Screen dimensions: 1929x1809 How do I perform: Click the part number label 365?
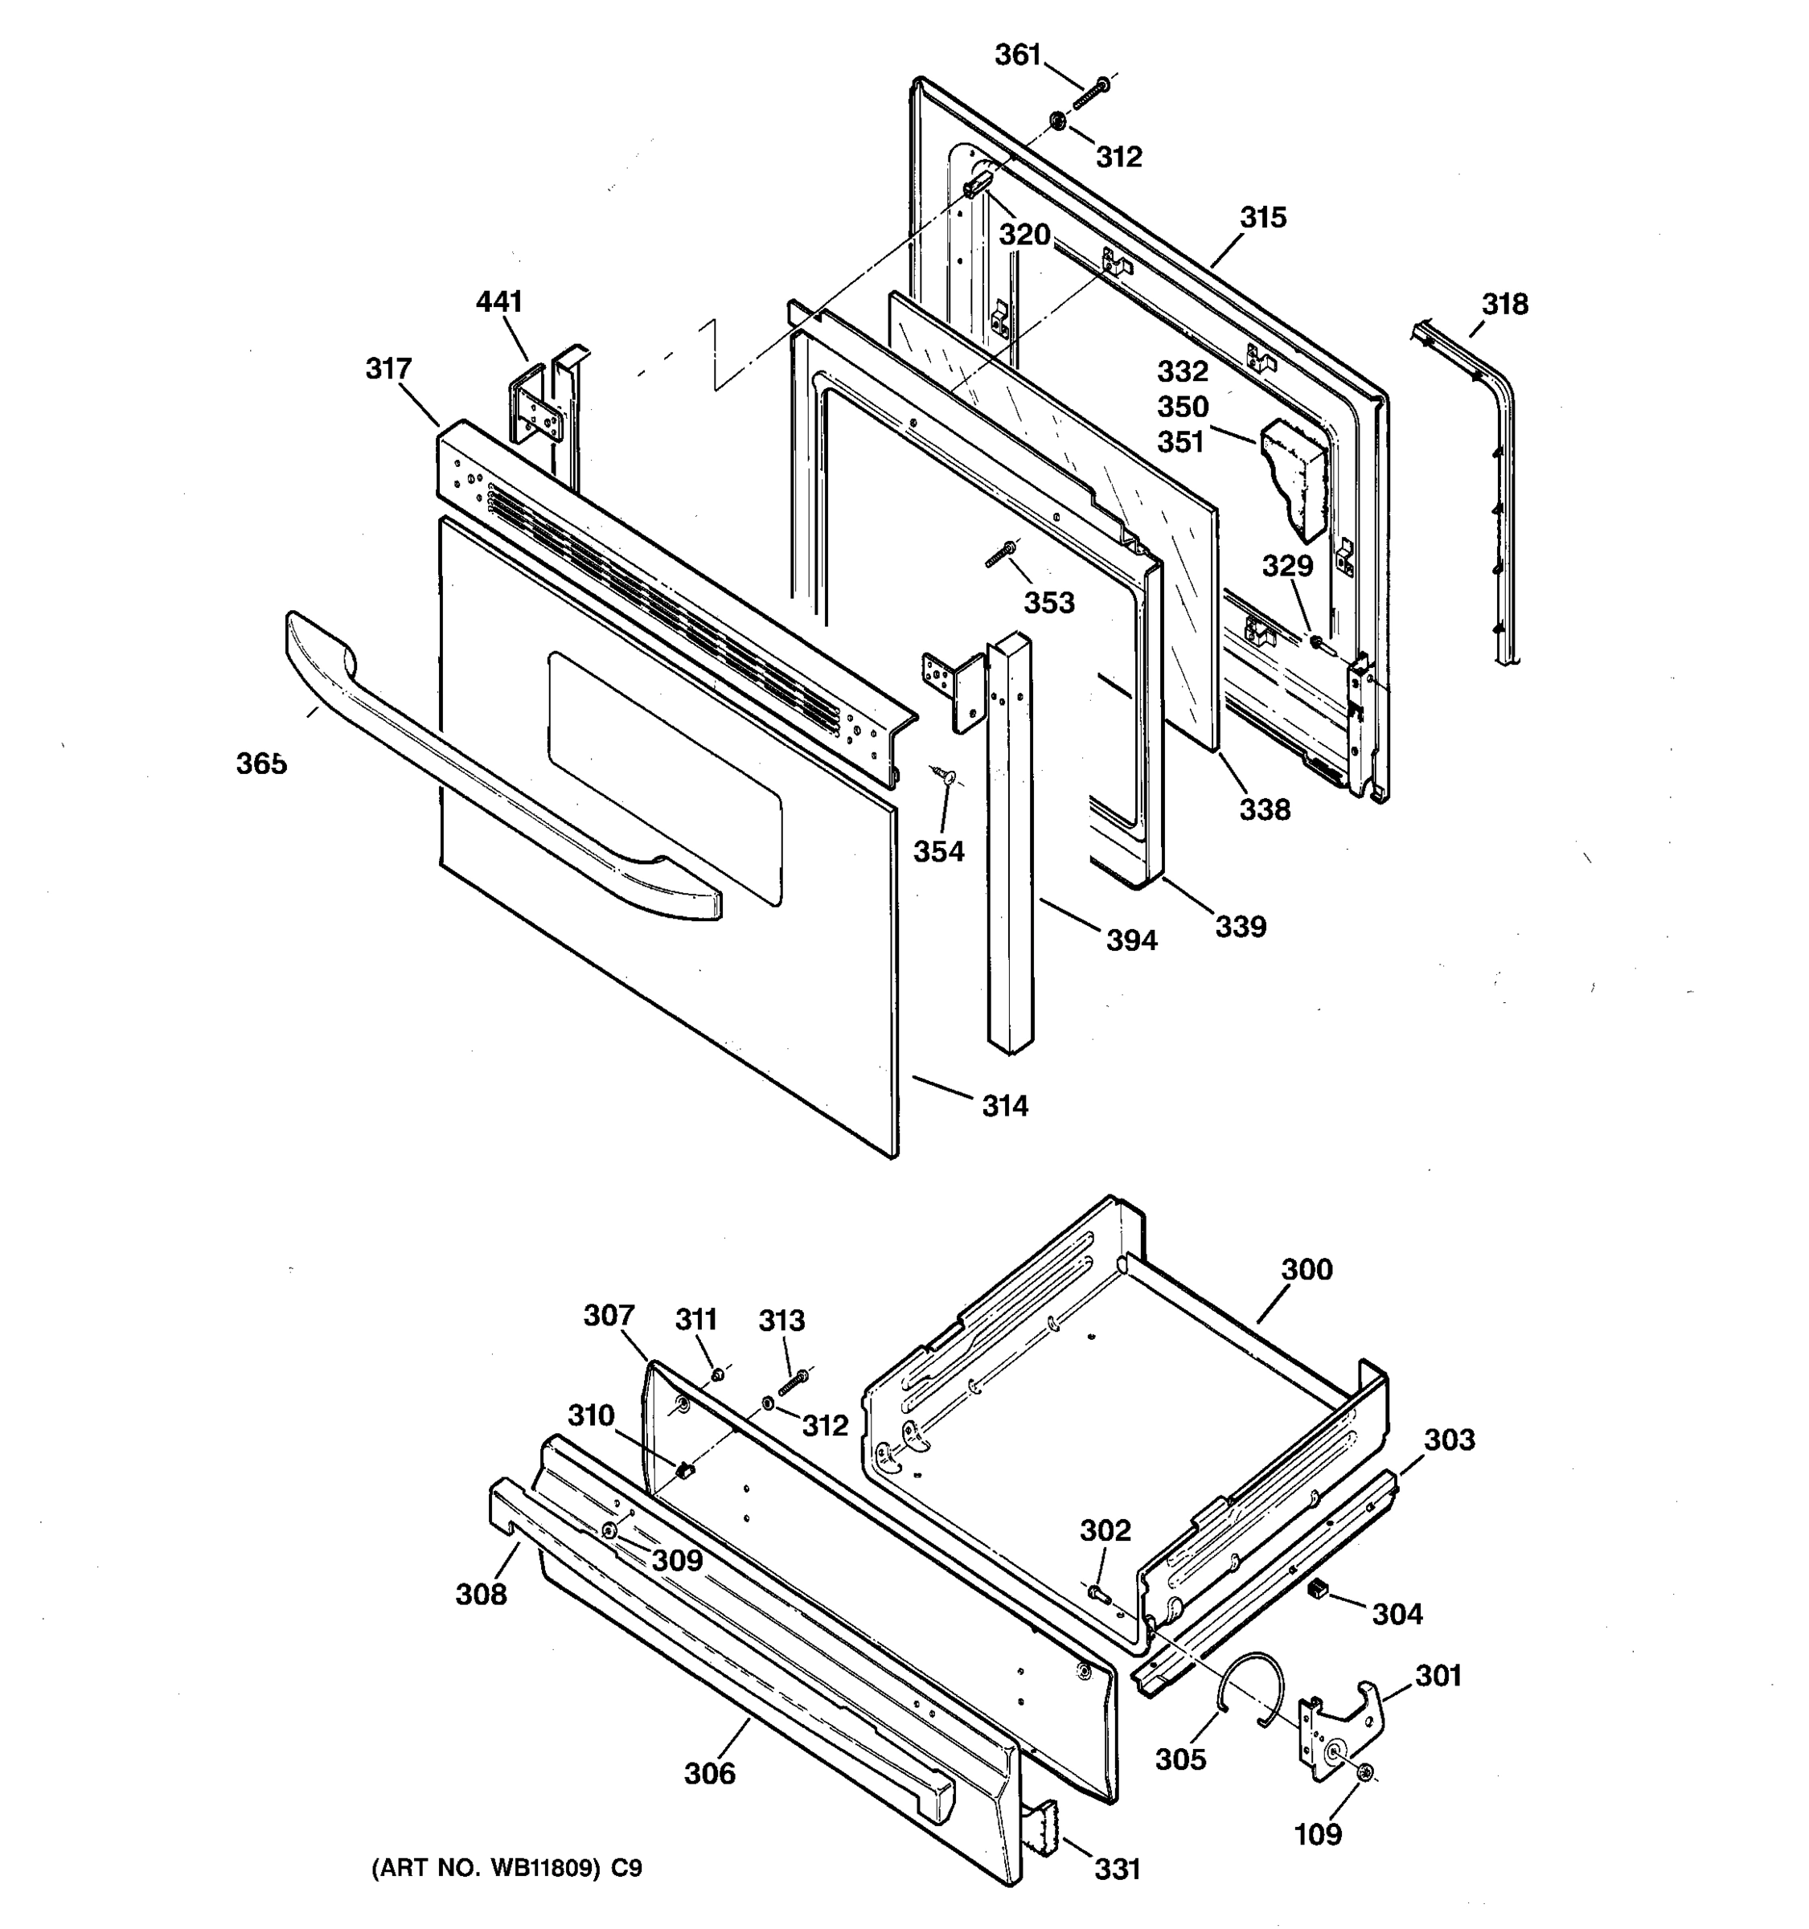(261, 764)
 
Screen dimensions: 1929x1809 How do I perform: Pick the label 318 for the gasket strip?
(1504, 305)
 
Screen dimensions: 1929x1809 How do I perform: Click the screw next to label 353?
(999, 556)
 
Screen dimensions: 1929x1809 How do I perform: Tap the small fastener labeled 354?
(942, 774)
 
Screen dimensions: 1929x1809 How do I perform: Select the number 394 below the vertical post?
(1131, 940)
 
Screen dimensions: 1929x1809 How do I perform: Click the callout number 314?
(1004, 1106)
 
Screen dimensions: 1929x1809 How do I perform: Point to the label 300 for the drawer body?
(1306, 1269)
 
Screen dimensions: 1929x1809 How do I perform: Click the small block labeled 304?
(1317, 1588)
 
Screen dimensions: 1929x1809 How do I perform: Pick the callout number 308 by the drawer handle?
(482, 1595)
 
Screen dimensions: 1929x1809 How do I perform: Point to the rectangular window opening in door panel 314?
(665, 776)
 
